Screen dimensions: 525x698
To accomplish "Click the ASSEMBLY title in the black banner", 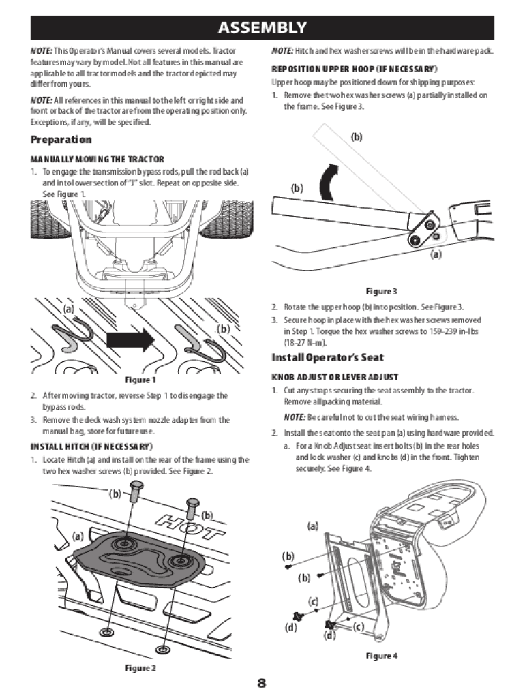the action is point(262,27).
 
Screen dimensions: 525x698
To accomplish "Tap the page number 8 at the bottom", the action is point(262,682).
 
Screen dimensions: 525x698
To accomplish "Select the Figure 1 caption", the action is point(140,380).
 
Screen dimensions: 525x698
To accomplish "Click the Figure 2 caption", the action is point(140,668).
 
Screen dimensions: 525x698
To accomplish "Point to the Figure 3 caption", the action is point(381,291).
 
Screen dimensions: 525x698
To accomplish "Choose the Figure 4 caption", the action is point(381,656).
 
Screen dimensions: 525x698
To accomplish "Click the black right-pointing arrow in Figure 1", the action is point(130,340).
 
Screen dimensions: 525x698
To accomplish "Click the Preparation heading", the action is point(61,139).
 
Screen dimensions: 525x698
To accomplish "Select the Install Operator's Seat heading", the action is point(328,357).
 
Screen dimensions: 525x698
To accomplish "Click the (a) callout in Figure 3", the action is point(436,254).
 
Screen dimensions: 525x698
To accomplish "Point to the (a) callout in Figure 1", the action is point(69,309).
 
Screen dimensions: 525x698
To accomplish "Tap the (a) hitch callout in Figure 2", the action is point(78,536).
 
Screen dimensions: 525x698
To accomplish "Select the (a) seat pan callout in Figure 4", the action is point(313,526).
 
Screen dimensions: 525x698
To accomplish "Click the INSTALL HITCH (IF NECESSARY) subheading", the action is point(91,446).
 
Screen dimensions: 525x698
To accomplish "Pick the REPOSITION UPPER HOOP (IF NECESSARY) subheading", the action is point(355,69).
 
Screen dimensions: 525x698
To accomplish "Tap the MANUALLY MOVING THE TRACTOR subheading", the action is point(97,160).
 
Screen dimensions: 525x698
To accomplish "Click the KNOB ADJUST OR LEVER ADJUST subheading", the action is point(335,377).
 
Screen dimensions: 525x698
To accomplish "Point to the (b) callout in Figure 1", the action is point(223,329).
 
